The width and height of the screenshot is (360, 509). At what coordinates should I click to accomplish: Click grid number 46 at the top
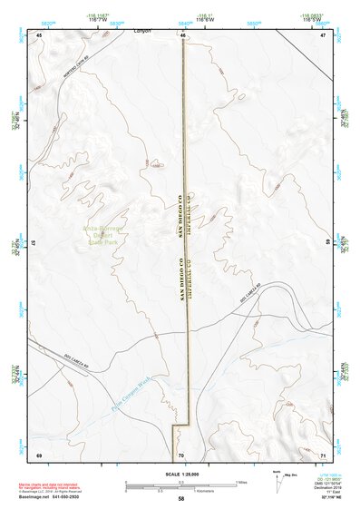click(182, 35)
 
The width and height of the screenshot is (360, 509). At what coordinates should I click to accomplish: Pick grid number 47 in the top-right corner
click(322, 35)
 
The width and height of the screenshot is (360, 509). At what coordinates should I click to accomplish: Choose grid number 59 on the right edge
click(326, 243)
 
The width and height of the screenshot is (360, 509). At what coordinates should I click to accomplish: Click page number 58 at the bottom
click(181, 500)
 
